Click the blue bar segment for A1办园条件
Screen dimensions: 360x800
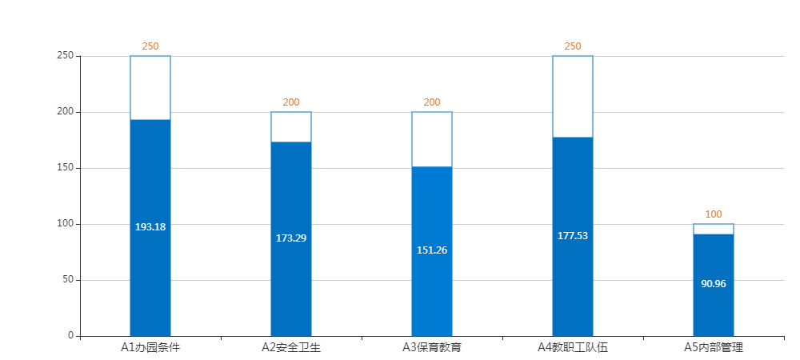(x=150, y=272)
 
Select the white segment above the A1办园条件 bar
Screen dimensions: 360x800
(x=150, y=88)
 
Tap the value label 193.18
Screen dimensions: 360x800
(x=150, y=227)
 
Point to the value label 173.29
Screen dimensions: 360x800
(x=291, y=238)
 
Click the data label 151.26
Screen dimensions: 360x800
(x=432, y=250)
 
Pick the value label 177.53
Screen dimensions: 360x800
(x=573, y=236)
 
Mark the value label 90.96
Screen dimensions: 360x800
(x=714, y=284)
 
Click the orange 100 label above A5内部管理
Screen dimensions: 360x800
(x=714, y=214)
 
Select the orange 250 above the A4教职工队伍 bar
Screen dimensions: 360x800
(x=573, y=46)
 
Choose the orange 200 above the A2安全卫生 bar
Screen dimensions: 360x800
(x=291, y=102)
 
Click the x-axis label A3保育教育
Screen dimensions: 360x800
(x=432, y=347)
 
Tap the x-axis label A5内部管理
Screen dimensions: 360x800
(x=714, y=347)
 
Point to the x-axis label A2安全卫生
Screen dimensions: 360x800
(x=291, y=347)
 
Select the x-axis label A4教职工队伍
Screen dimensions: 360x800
(x=573, y=347)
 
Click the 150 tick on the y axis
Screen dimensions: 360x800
(x=66, y=168)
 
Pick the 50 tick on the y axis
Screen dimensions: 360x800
(x=68, y=280)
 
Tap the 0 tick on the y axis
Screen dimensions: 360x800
(x=70, y=335)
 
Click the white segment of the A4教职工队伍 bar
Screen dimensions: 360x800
(x=573, y=97)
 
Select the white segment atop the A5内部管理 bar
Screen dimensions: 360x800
(x=714, y=230)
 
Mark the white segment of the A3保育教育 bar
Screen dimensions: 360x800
(x=432, y=139)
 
